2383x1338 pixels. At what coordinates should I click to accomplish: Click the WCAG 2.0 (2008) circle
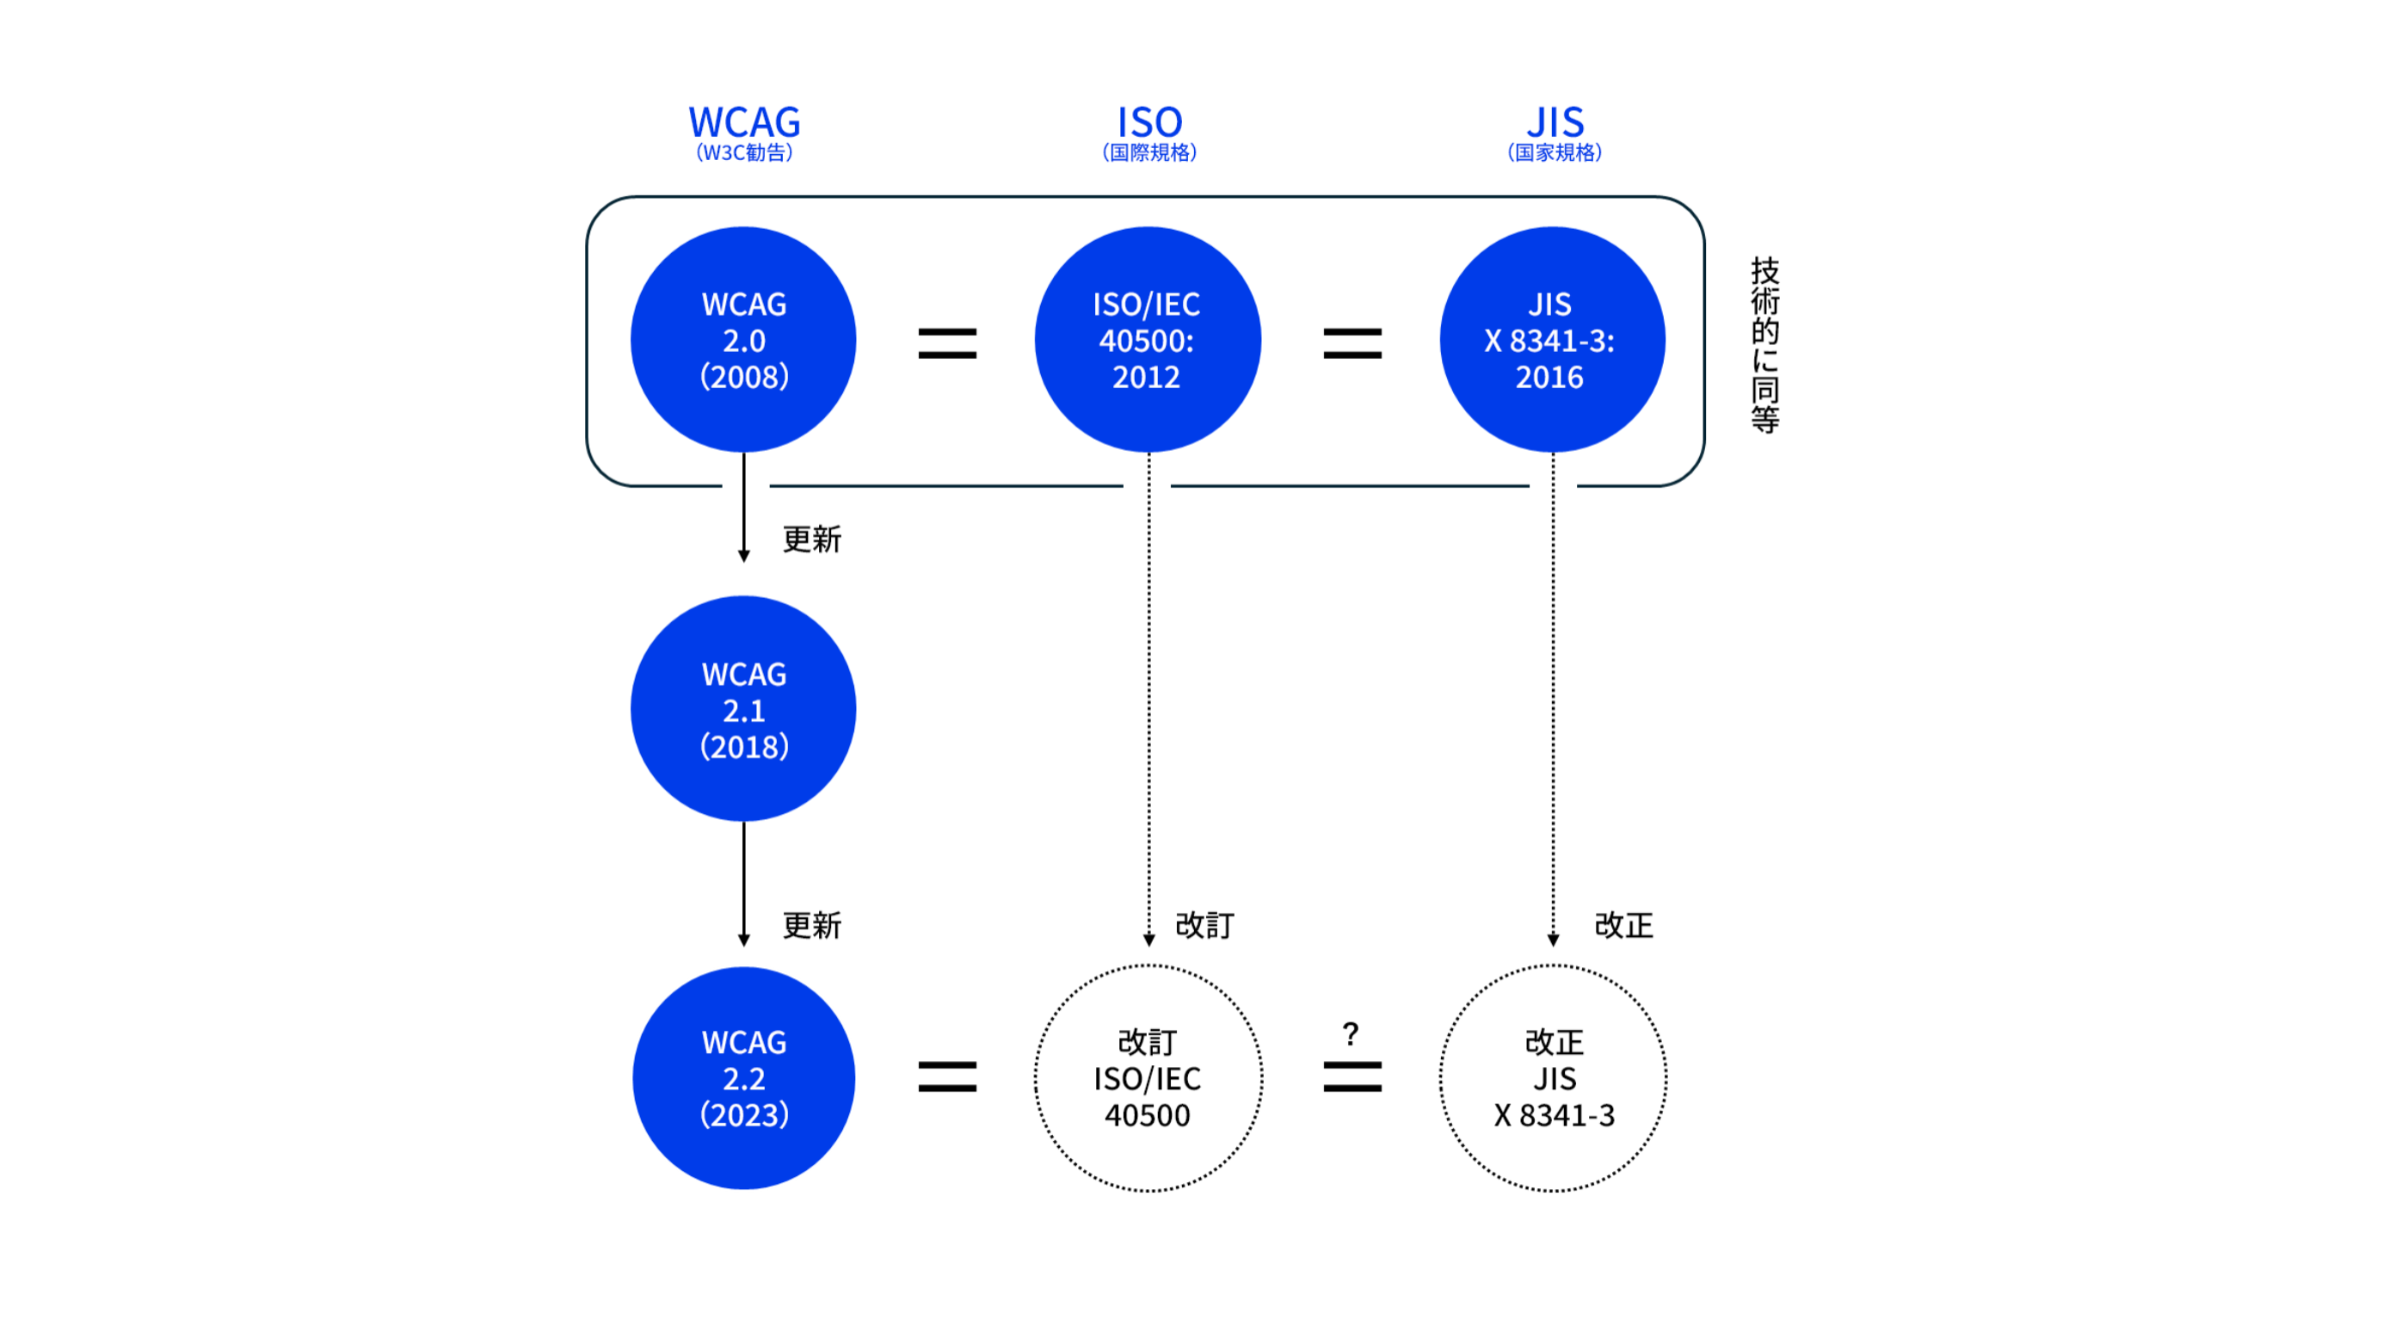744,340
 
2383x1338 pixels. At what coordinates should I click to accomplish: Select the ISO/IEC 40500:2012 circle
1147,340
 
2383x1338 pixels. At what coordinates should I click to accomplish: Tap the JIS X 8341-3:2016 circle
1552,340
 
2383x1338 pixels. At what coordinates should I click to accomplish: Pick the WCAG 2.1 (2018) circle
744,709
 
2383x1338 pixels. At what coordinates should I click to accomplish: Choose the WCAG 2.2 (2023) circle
744,1078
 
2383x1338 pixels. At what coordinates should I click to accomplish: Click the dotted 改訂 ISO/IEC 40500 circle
1147,1078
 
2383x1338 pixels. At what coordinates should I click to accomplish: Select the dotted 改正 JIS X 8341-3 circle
1552,1078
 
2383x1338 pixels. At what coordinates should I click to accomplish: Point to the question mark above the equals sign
1351,1034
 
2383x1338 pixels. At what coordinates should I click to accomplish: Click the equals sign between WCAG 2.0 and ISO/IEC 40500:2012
946,343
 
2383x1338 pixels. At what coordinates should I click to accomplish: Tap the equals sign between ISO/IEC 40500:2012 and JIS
1352,343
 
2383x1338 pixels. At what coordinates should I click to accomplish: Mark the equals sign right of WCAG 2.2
946,1076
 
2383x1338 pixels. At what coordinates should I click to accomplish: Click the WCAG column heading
744,122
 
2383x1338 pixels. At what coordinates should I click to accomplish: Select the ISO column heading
1149,122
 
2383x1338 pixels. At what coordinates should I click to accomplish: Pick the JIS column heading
1555,122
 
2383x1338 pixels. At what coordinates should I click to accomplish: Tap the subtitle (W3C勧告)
744,152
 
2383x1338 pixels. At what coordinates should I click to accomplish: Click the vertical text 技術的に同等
1764,344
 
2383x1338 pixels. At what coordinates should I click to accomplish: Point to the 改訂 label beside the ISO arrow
1204,925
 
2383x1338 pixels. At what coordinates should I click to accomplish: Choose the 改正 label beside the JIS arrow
1623,925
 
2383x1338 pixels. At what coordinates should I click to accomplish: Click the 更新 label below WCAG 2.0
811,540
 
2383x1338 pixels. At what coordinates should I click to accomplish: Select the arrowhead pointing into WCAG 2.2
744,940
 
